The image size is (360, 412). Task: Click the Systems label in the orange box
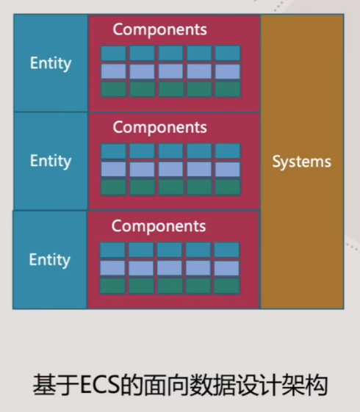[x=302, y=162]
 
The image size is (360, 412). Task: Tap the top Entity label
[x=51, y=63]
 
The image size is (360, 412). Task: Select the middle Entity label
[x=51, y=161]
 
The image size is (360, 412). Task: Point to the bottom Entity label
[x=50, y=260]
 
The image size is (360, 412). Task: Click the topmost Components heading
[x=159, y=29]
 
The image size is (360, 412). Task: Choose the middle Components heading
[x=159, y=128]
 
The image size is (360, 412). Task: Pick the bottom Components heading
[x=159, y=226]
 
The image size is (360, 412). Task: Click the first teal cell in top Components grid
[x=114, y=54]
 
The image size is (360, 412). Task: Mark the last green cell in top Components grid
[x=228, y=90]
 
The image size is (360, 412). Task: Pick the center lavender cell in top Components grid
[x=170, y=71]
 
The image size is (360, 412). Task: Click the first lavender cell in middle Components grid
[x=114, y=169]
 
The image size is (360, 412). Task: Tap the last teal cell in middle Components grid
[x=228, y=151]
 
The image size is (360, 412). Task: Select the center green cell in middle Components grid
[x=170, y=187]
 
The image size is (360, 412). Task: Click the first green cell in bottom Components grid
[x=112, y=286]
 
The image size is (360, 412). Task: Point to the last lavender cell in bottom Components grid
[x=226, y=268]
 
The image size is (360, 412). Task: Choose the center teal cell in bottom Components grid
[x=170, y=250]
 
